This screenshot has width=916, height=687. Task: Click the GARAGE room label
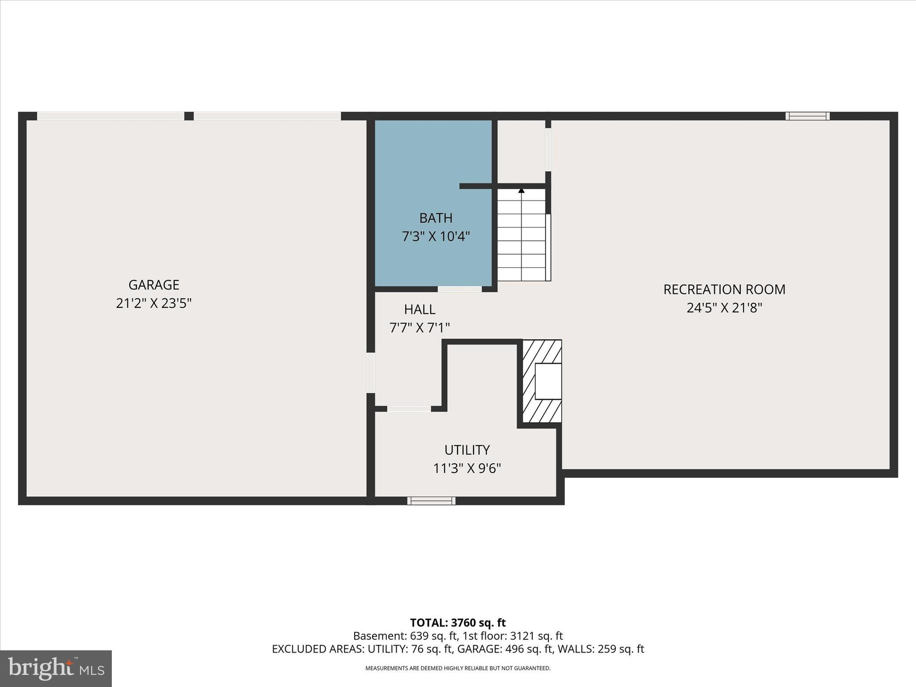(153, 285)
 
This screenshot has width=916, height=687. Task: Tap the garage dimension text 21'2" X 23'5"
(153, 304)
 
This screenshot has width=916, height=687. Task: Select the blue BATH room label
(436, 218)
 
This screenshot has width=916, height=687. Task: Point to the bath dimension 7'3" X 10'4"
(436, 237)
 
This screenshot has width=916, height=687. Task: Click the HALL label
(420, 310)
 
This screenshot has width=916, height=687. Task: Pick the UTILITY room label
(467, 450)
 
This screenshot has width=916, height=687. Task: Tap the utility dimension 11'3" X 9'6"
(467, 469)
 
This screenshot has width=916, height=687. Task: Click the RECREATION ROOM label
(724, 290)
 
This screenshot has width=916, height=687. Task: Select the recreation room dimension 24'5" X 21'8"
(724, 308)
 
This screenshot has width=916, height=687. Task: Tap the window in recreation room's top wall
(807, 116)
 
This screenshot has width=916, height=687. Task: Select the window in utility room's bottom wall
(431, 501)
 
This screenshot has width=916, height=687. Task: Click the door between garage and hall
(371, 373)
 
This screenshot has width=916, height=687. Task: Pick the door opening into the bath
(459, 289)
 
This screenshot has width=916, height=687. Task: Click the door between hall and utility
(409, 409)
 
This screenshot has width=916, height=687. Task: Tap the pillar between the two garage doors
(189, 116)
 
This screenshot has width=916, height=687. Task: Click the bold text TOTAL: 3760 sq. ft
(458, 623)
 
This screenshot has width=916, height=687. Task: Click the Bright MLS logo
(56, 668)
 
